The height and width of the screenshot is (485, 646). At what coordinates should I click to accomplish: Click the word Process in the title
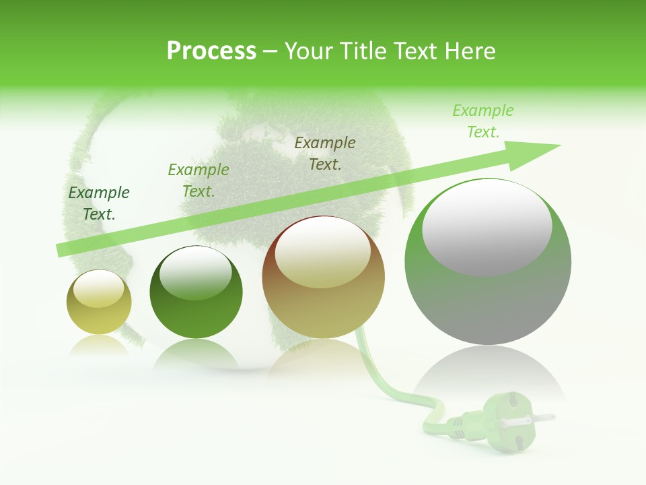point(211,51)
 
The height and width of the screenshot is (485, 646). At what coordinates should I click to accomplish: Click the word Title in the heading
point(360,51)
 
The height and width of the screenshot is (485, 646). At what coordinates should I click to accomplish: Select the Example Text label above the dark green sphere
point(199,181)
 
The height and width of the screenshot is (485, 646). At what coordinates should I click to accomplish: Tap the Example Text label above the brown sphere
point(325,153)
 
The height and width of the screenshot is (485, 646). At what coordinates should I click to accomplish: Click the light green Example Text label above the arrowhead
point(483,121)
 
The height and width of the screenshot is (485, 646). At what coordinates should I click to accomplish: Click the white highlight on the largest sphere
point(487,226)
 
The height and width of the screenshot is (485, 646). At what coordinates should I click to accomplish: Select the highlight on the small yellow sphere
point(98,288)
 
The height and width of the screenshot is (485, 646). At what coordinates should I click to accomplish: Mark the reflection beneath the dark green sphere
point(195,353)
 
